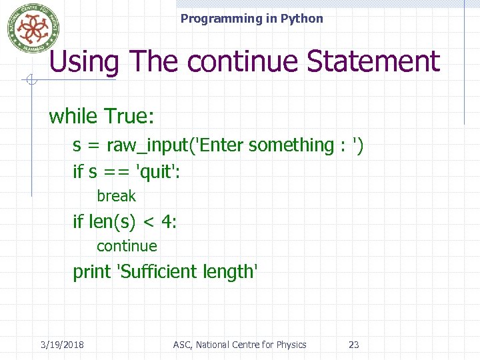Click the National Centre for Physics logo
(x=33, y=28)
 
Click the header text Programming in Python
(x=251, y=19)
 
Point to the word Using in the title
(x=84, y=62)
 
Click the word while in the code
(x=73, y=117)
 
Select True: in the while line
(x=129, y=117)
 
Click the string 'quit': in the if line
(x=158, y=172)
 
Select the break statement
(x=116, y=196)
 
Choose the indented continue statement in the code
(x=127, y=246)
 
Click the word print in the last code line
(x=92, y=272)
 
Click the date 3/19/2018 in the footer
(x=62, y=345)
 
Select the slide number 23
(x=354, y=345)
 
